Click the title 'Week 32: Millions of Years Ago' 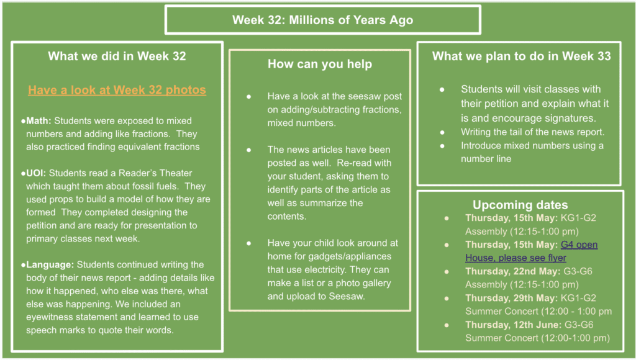coord(322,20)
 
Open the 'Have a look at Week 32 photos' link coord(117,89)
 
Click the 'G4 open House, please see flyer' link coord(532,251)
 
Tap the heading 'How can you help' coord(320,64)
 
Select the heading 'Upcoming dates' coord(520,205)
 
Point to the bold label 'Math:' coord(39,121)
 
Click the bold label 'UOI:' coord(36,173)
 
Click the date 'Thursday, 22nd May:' coord(512,271)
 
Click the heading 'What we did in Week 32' coord(117,56)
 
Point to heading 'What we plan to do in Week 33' coord(521,56)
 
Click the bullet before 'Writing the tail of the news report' coord(442,132)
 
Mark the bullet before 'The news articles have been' coord(248,150)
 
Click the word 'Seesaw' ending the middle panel coord(346,296)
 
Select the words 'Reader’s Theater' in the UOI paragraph coord(155,173)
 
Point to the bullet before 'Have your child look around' coord(248,243)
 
